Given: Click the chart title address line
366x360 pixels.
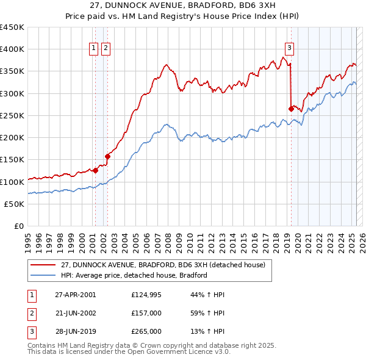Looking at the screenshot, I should (183, 6).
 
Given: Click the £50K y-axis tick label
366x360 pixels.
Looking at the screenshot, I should (15, 204).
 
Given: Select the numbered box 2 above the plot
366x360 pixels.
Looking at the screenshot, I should (106, 49).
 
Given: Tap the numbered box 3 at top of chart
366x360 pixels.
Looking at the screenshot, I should (289, 49).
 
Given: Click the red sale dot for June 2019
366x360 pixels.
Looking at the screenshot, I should (291, 109).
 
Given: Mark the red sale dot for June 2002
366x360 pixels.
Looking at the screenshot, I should (107, 156).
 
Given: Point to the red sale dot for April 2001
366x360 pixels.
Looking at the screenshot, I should (95, 171).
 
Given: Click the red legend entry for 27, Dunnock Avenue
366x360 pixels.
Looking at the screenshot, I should (163, 265).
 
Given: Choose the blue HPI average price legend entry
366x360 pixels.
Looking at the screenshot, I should (134, 275).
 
